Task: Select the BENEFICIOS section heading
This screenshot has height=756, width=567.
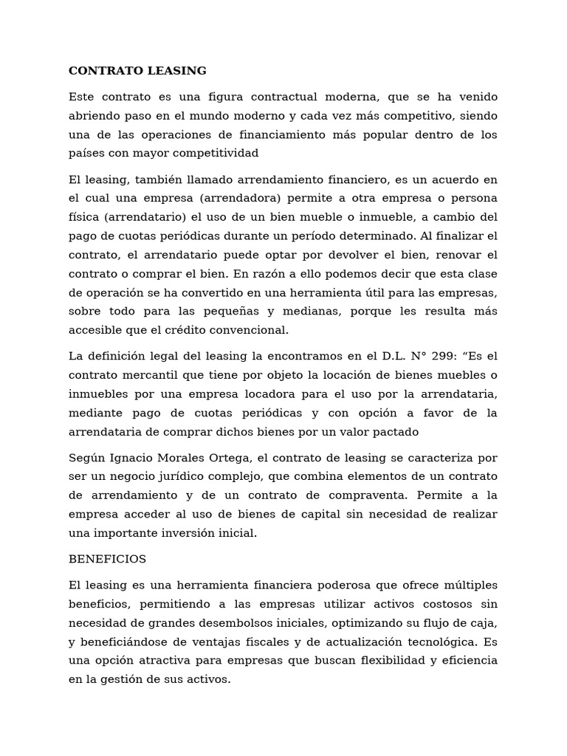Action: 108,560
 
